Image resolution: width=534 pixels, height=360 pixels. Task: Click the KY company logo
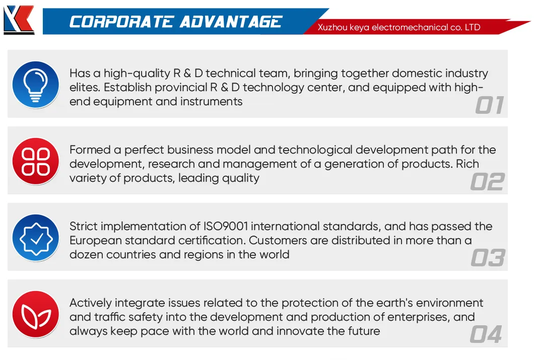pyautogui.click(x=19, y=20)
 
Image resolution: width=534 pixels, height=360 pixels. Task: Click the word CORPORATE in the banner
pyautogui.click(x=121, y=22)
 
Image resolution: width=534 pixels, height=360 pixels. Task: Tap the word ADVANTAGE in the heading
pyautogui.click(x=231, y=22)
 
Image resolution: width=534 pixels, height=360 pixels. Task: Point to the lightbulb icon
pyautogui.click(x=35, y=85)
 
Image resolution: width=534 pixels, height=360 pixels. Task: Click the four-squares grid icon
pyautogui.click(x=35, y=161)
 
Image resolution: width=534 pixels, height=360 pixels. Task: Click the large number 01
pyautogui.click(x=489, y=105)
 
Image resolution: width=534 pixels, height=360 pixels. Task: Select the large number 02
pyautogui.click(x=487, y=182)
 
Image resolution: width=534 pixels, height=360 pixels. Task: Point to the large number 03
pyautogui.click(x=488, y=258)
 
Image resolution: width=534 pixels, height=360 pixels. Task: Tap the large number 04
pyautogui.click(x=486, y=334)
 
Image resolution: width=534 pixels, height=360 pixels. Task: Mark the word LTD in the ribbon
pyautogui.click(x=473, y=27)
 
